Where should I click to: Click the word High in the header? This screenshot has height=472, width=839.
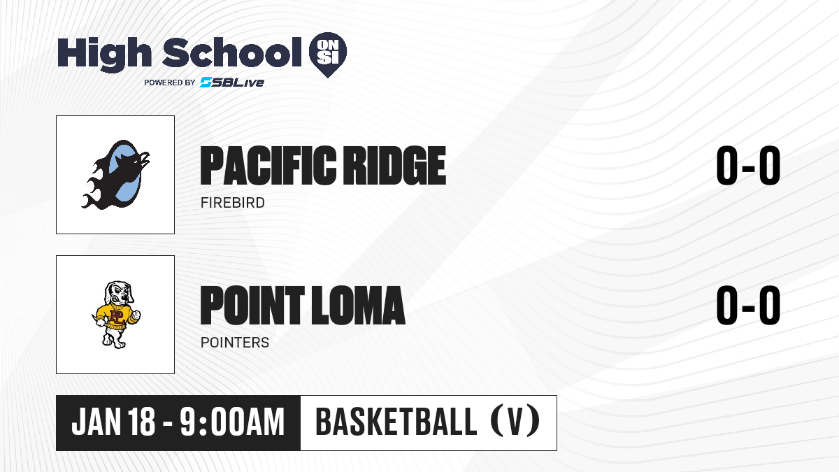104,54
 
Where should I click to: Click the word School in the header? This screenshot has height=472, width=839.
232,52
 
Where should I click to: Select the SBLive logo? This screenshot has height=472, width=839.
232,83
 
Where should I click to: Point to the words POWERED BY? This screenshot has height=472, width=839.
170,83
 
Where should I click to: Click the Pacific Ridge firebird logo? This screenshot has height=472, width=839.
116,175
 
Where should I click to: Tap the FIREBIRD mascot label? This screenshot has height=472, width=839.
233,203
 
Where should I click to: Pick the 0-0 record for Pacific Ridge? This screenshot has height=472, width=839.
748,166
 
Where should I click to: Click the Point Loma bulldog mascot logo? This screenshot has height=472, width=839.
116,315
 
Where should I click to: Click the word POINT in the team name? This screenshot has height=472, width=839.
252,305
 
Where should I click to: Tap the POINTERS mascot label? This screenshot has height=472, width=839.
235,343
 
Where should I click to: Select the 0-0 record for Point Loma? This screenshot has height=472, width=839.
748,305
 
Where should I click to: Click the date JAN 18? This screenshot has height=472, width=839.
113,422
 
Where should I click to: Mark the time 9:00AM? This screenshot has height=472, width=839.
232,422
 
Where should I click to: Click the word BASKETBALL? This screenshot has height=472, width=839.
396,422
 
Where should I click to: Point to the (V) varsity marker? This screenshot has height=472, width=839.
515,422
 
